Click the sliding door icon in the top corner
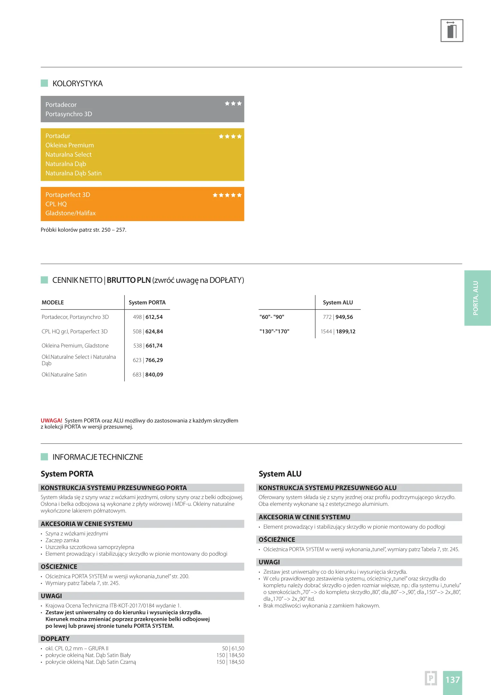point(451,31)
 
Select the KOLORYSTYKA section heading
point(77,84)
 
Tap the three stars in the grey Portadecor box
point(233,104)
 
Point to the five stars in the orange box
point(227,195)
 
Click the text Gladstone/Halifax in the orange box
point(70,213)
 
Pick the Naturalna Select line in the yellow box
point(68,155)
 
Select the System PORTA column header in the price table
point(147,302)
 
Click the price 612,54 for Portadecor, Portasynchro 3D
point(154,317)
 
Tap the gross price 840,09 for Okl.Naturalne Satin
point(154,375)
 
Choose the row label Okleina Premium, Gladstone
point(75,346)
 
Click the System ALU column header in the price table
point(338,302)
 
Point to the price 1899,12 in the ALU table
point(346,331)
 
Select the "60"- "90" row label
point(272,317)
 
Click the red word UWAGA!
point(51,421)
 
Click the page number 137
point(452,680)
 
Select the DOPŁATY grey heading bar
point(141,639)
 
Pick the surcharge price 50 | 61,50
point(233,648)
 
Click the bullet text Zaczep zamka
point(62,540)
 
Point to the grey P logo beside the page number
point(431,678)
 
